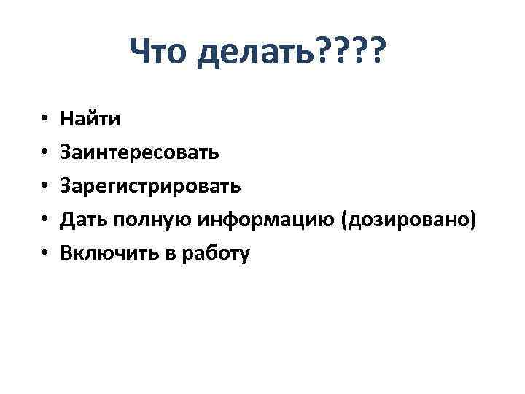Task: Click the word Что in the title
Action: tap(158, 52)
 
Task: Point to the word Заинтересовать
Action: tap(139, 152)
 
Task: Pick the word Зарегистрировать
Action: tap(149, 186)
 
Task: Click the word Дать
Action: tap(85, 220)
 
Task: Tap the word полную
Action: tap(151, 220)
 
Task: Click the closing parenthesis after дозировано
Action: tap(475, 220)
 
